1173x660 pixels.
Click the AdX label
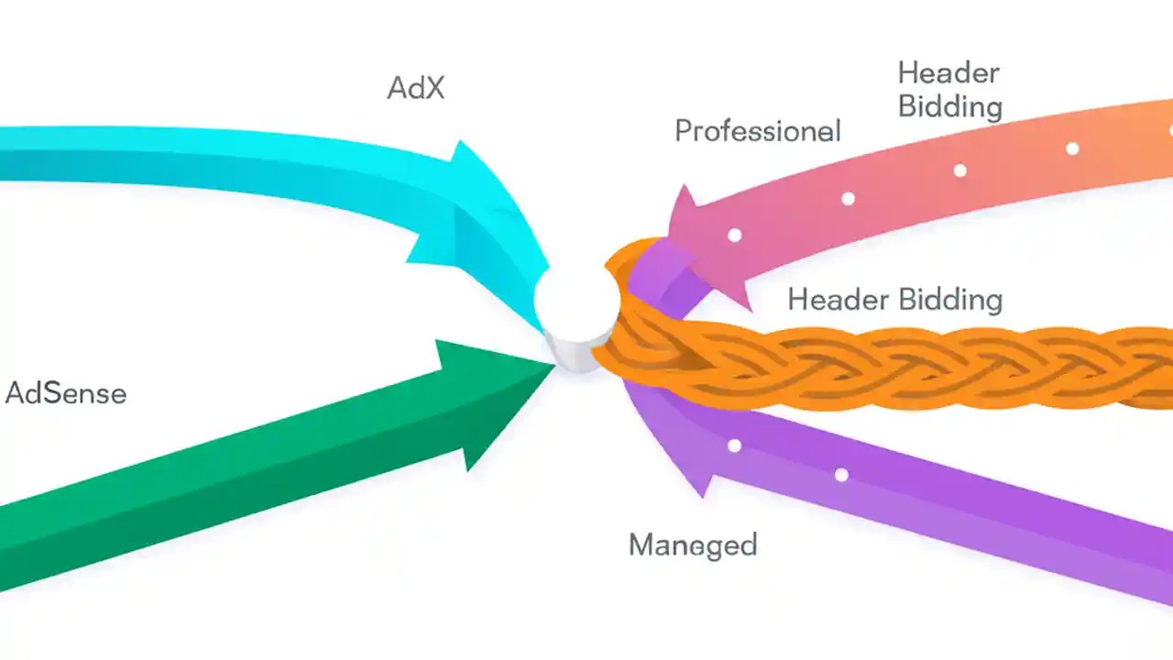click(x=415, y=88)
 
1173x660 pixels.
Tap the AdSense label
click(x=66, y=393)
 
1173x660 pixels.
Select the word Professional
click(x=757, y=131)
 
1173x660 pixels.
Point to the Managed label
click(x=693, y=544)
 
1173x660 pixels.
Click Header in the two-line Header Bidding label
click(x=948, y=72)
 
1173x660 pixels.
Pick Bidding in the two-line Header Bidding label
click(x=949, y=107)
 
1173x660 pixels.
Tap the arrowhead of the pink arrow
click(x=706, y=243)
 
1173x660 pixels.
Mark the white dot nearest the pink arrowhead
click(x=734, y=236)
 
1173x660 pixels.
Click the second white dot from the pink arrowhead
click(x=848, y=199)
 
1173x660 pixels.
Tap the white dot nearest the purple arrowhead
click(x=734, y=446)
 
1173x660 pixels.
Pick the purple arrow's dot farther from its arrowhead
click(x=841, y=475)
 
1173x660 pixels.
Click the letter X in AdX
click(x=433, y=88)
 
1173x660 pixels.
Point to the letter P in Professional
click(x=684, y=131)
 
